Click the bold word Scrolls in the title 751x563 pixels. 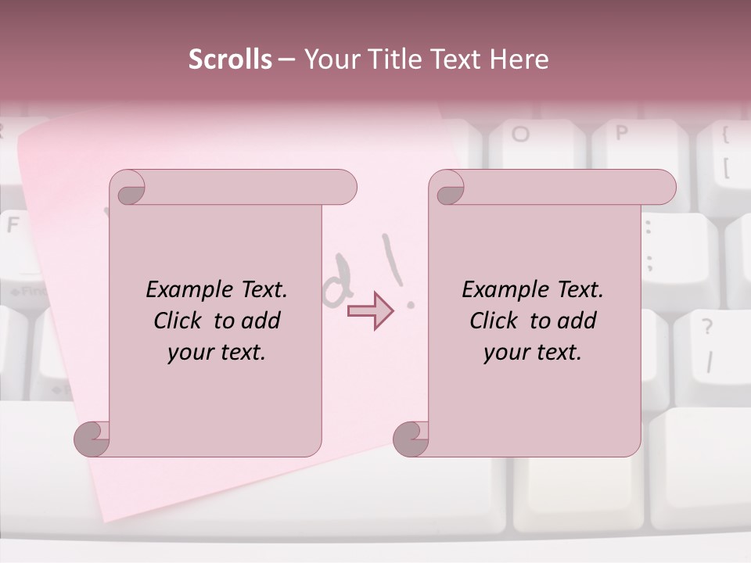tap(230, 59)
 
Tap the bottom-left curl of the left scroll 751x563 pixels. tap(92, 439)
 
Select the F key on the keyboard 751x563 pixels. tap(14, 227)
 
